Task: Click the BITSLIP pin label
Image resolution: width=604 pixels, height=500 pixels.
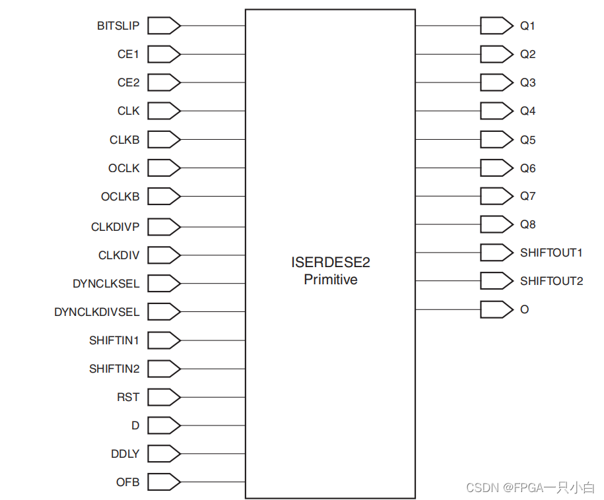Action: [118, 26]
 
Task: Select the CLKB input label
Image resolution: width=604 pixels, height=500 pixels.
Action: [125, 140]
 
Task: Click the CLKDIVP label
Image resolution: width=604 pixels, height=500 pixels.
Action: [116, 227]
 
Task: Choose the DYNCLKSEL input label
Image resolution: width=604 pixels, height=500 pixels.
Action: [106, 284]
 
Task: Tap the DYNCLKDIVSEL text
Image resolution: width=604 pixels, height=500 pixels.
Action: [97, 312]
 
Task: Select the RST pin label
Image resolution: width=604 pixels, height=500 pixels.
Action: [128, 397]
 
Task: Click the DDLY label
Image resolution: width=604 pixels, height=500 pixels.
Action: [125, 454]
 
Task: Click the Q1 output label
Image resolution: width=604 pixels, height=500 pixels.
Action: [528, 26]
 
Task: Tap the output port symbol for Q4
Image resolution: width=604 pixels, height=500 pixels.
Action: [496, 111]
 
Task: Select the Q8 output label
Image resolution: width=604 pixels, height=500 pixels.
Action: [528, 224]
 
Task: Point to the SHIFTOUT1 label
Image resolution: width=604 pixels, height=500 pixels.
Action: [551, 253]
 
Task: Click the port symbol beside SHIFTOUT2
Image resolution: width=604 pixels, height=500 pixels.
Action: [496, 281]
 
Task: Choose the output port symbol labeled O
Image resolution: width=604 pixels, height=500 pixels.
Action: [496, 309]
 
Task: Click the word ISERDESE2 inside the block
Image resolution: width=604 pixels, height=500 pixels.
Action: [330, 263]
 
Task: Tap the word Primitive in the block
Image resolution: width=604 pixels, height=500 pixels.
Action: [330, 280]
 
